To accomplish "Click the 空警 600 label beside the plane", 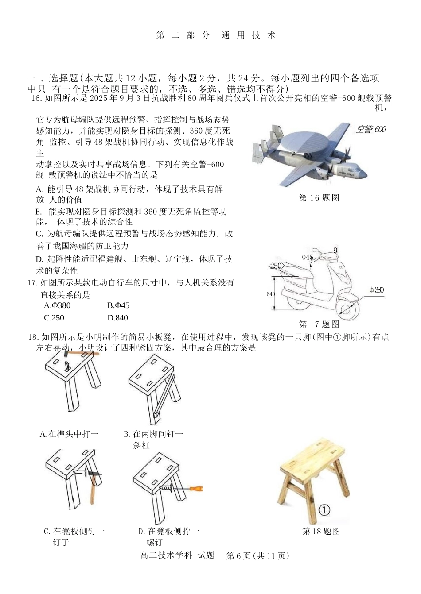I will (x=370, y=129).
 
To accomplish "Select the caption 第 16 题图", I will (x=319, y=198).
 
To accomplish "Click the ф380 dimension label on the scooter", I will (x=376, y=290).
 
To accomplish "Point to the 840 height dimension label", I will (x=271, y=294).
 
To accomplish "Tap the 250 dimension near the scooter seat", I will (x=276, y=266).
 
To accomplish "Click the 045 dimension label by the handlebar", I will (x=308, y=257).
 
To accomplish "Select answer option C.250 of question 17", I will (x=54, y=317).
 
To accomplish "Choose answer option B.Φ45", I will (x=118, y=305).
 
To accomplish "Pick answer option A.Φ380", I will (x=57, y=305).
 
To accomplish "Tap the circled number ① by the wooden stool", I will (x=324, y=510).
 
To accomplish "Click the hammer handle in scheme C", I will (x=93, y=491).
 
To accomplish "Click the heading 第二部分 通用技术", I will (x=216, y=35).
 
